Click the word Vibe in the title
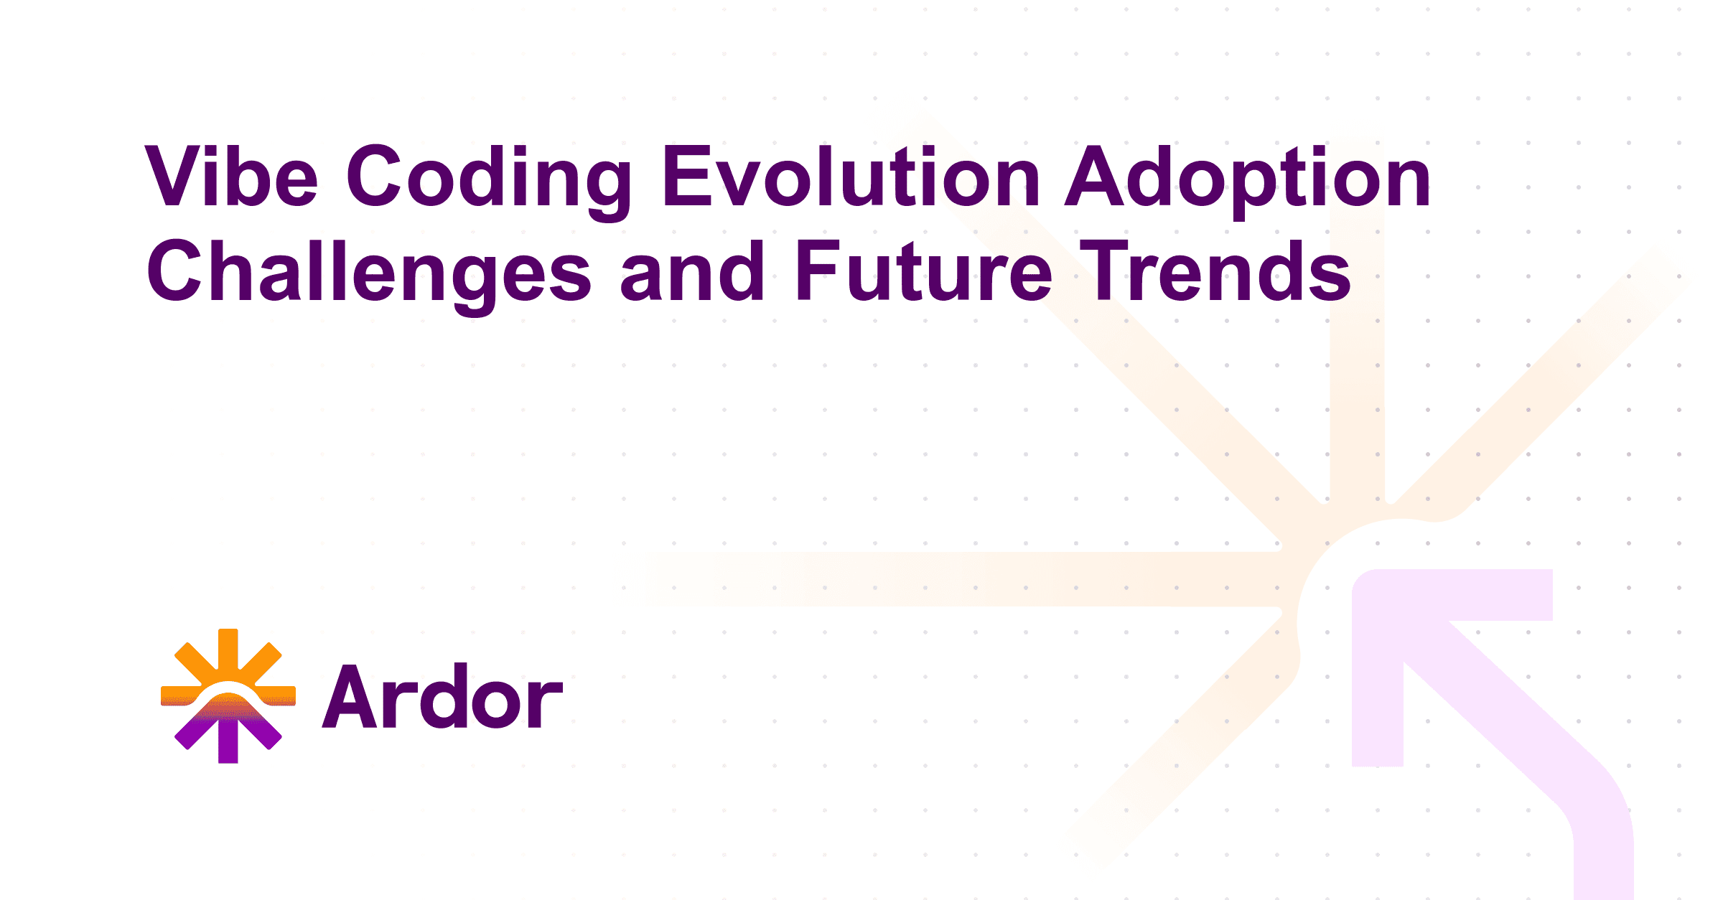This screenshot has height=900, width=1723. [231, 175]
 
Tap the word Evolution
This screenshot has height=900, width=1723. [851, 175]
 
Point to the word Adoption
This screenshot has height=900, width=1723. [1248, 180]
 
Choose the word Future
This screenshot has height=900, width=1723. [924, 271]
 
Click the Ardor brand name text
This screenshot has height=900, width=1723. [442, 696]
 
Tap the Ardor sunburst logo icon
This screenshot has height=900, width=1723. [228, 695]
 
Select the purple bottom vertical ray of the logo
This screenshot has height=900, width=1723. [228, 739]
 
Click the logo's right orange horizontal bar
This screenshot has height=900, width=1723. [276, 695]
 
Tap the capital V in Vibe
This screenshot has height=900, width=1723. [172, 175]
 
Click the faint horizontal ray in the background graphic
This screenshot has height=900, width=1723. [962, 579]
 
